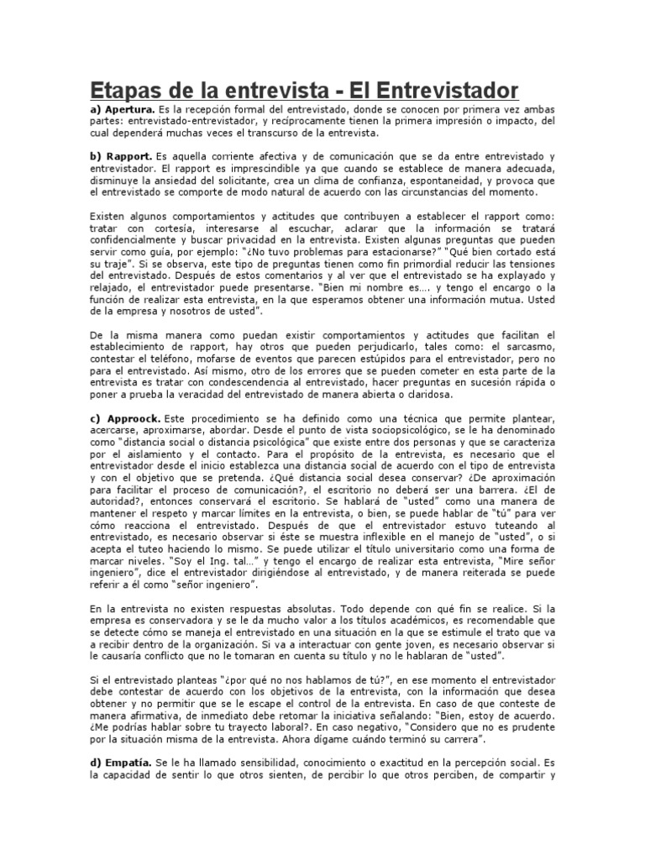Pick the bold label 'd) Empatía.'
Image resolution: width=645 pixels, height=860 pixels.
tap(121, 760)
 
